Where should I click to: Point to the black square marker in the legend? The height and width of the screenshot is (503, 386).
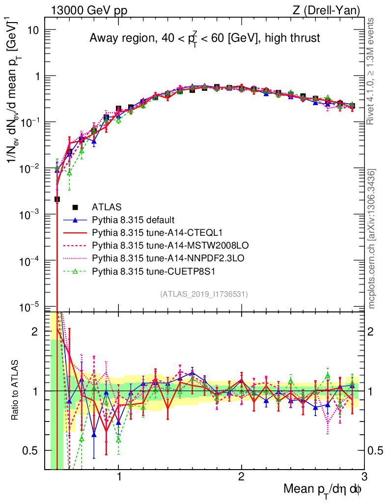click(76, 207)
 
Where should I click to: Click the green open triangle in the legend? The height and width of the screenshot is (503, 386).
click(76, 270)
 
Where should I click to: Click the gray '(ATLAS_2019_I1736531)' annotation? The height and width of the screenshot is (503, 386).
click(204, 294)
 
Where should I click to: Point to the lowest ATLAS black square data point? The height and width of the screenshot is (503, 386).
click(57, 199)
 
